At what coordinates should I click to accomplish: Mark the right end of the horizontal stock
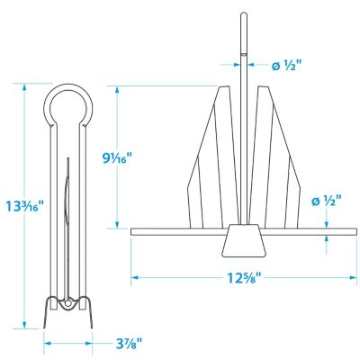351,231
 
